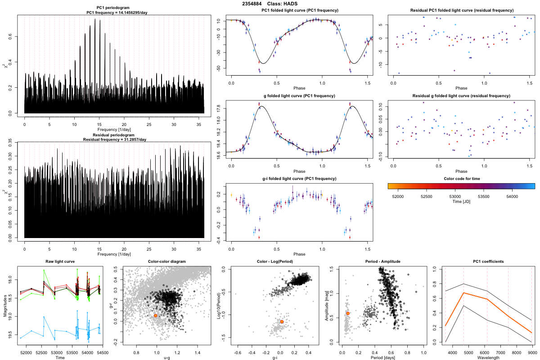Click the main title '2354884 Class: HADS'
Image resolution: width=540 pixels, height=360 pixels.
(x=270, y=4)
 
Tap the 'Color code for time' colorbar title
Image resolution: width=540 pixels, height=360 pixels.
(x=461, y=179)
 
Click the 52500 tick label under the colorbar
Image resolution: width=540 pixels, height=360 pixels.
(x=427, y=196)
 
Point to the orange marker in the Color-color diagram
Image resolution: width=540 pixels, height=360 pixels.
(x=156, y=316)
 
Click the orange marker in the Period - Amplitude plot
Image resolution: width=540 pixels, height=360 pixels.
(x=348, y=313)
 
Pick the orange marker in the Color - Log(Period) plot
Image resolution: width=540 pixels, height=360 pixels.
(x=282, y=322)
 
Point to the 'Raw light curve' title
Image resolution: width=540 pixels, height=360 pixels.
(x=60, y=261)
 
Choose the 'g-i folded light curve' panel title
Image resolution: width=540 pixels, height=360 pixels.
(x=299, y=179)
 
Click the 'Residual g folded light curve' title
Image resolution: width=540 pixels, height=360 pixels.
(x=461, y=96)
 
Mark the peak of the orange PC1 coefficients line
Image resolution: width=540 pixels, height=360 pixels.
(x=463, y=293)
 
